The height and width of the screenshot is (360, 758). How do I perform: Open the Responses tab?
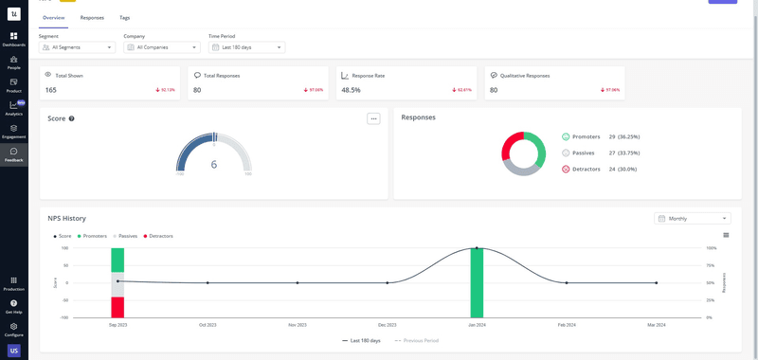[x=92, y=18]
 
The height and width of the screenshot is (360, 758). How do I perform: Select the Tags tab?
[x=125, y=18]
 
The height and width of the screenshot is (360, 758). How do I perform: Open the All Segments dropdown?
[x=77, y=47]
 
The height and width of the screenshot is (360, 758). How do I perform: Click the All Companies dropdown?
[x=162, y=47]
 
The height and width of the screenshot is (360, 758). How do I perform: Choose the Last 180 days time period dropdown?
[x=246, y=47]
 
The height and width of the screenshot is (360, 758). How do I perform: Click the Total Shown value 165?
[x=51, y=90]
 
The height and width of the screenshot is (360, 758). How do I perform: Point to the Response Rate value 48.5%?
[x=352, y=90]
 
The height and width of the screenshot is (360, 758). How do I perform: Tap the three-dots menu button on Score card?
[x=373, y=118]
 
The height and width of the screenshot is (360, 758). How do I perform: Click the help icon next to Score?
[x=72, y=119]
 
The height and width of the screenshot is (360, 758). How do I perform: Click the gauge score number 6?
[x=214, y=165]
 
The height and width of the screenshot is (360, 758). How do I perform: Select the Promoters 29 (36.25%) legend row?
[x=597, y=136]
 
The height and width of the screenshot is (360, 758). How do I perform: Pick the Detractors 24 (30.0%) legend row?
[x=597, y=169]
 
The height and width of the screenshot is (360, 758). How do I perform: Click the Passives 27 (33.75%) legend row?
[x=597, y=153]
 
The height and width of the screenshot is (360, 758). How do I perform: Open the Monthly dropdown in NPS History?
[x=692, y=218]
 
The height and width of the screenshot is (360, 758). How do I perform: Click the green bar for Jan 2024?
[x=477, y=282]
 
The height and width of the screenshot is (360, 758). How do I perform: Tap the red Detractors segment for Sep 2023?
[x=117, y=307]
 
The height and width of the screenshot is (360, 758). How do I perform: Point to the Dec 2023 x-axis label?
[x=387, y=325]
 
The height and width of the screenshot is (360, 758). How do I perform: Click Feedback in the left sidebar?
[x=13, y=154]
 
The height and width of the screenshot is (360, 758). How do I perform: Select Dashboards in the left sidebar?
[x=13, y=39]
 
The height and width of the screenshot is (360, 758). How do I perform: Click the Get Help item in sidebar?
[x=13, y=306]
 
